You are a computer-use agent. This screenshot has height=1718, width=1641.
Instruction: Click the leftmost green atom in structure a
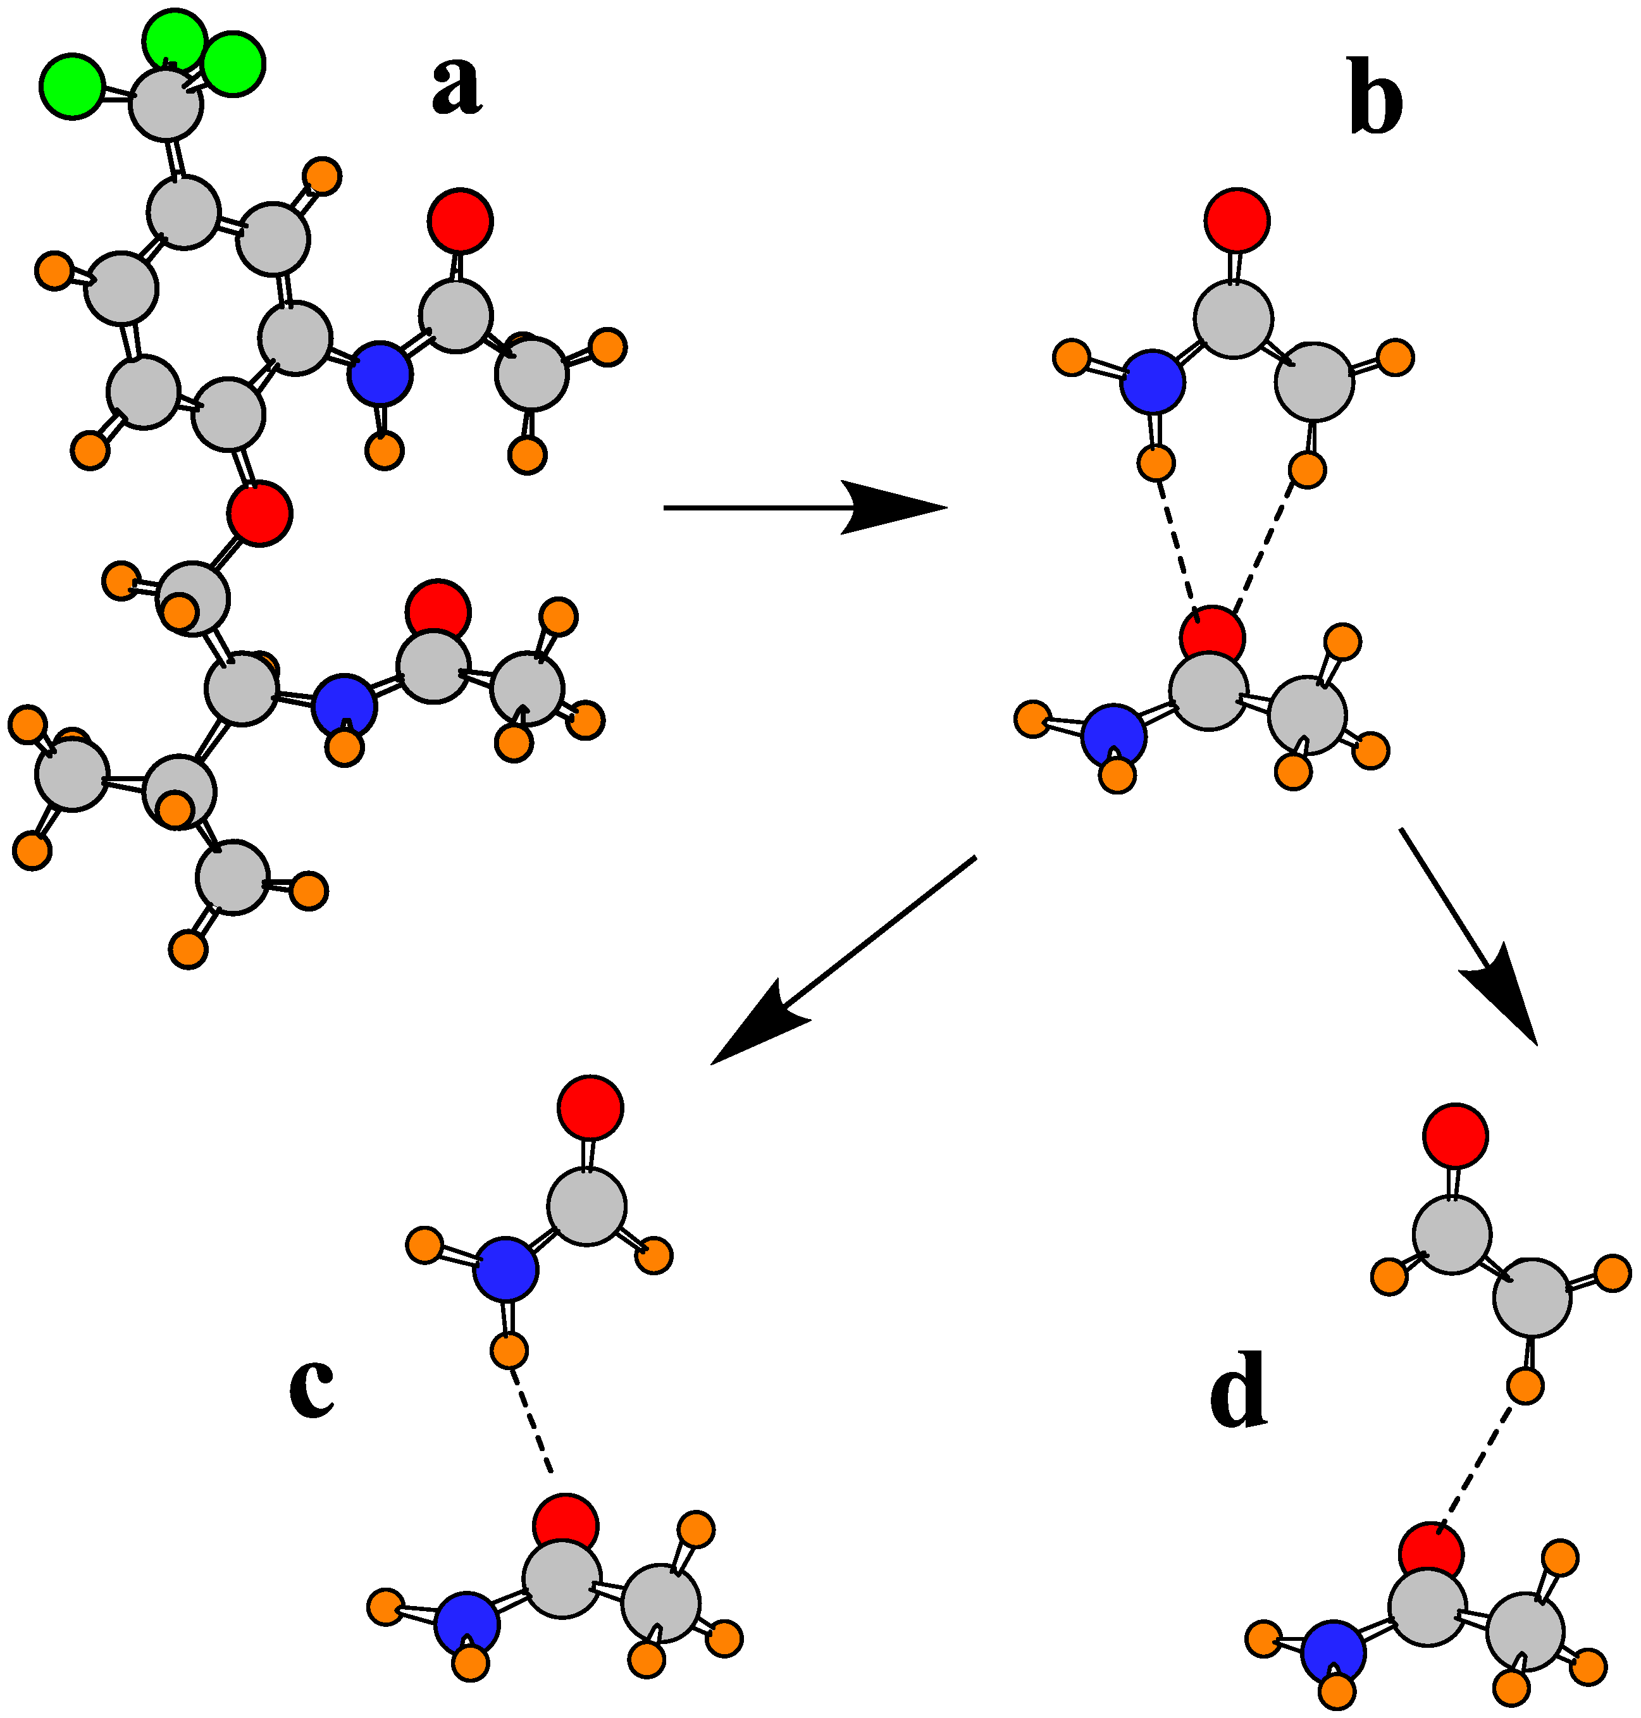[x=71, y=85]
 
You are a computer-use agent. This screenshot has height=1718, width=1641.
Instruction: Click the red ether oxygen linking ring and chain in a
[x=260, y=514]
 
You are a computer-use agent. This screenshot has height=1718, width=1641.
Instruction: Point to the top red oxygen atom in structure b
[x=1237, y=219]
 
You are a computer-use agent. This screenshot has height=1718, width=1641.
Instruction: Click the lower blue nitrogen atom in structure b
[x=1113, y=736]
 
